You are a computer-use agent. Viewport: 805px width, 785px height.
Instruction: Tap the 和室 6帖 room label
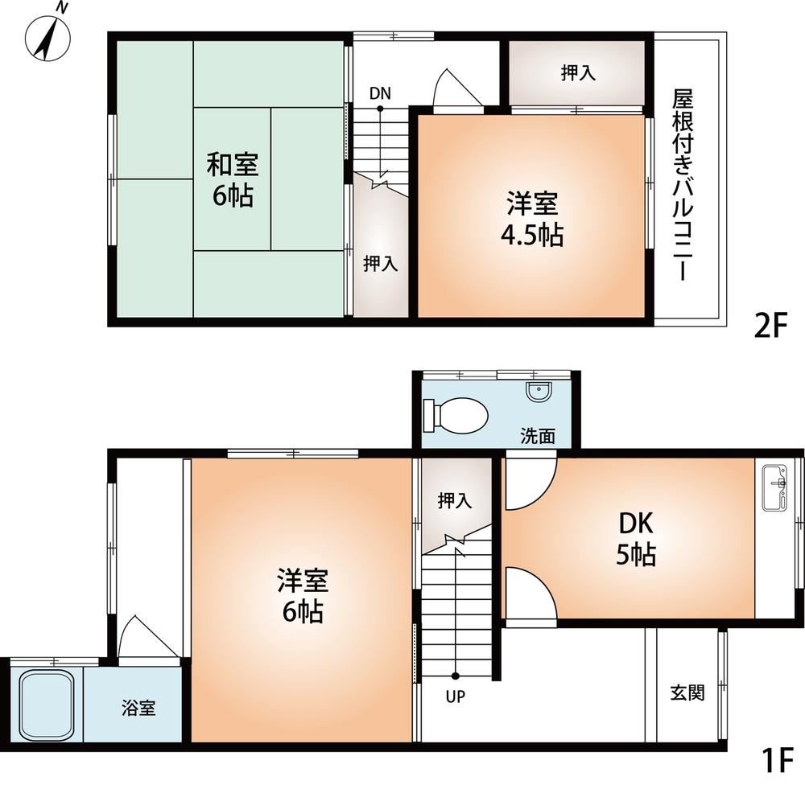pos(233,180)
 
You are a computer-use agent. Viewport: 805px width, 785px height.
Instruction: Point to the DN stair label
pos(380,92)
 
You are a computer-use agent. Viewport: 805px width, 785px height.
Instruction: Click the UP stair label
pos(456,697)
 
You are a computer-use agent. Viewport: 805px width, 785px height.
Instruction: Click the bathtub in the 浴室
pos(47,705)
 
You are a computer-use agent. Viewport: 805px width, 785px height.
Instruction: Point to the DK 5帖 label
pos(636,539)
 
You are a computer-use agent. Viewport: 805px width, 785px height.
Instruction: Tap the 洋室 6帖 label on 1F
pos(302,595)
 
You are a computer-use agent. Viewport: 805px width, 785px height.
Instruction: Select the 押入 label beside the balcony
pos(578,72)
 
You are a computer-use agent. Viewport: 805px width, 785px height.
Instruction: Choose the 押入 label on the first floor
pos(455,501)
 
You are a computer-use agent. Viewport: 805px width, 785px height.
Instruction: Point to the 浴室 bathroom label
pos(138,709)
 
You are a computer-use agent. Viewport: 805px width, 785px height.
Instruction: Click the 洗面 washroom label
pos(537,437)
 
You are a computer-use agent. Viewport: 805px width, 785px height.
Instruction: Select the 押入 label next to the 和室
pos(380,263)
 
